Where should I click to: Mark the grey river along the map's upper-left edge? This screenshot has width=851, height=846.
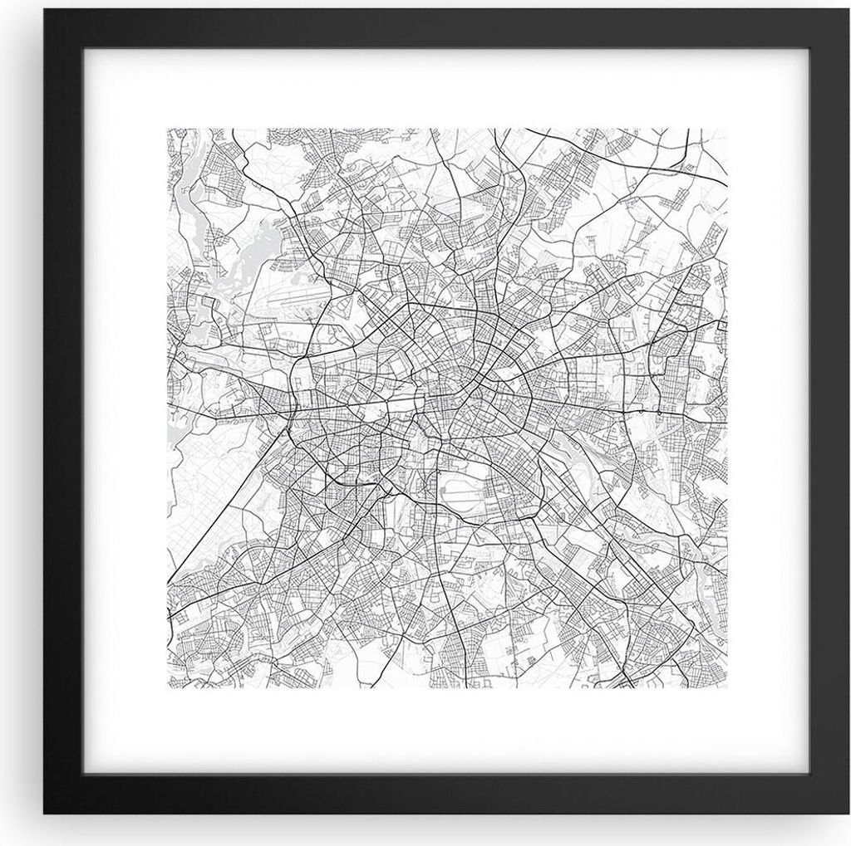186,199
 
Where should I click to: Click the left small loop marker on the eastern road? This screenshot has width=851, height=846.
642,410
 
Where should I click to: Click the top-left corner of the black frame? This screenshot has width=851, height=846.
43,10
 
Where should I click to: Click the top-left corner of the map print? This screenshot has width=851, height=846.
167,129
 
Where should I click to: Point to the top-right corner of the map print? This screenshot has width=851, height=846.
727,129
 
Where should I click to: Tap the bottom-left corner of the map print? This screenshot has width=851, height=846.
167,688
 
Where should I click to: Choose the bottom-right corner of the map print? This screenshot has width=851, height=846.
727,688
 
